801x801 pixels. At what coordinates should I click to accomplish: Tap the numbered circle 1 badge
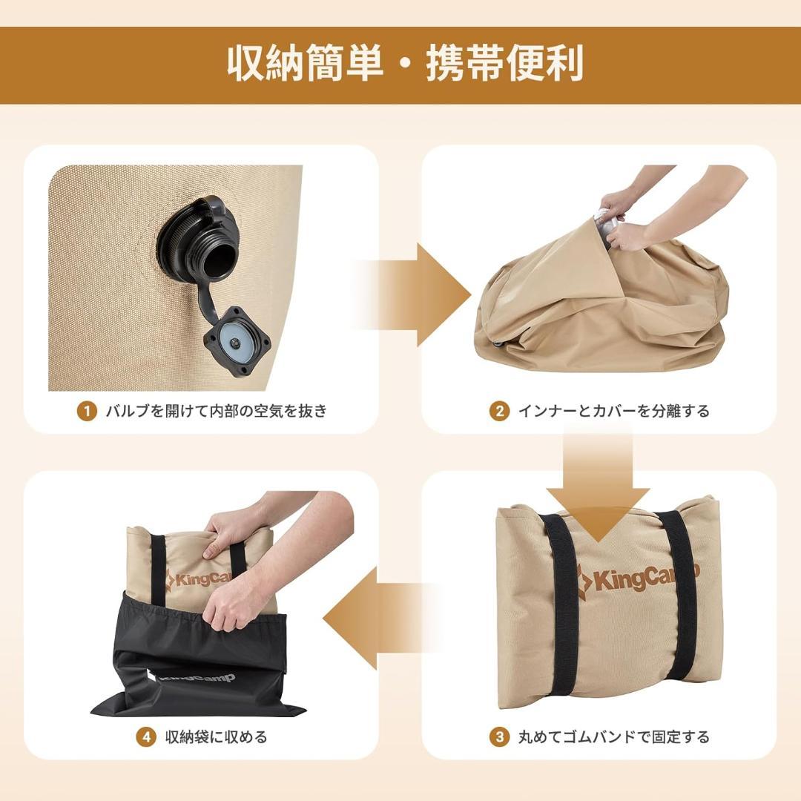point(87,411)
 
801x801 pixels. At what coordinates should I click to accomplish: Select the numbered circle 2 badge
point(499,411)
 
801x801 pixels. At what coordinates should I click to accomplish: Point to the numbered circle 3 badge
point(499,736)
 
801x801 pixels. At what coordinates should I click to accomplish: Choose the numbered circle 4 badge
point(146,736)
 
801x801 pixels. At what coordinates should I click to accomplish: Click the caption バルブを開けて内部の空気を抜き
point(216,411)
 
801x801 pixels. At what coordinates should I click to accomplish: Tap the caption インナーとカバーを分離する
point(613,411)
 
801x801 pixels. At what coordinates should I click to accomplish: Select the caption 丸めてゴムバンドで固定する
point(613,736)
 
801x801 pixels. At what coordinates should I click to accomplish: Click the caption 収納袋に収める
point(216,736)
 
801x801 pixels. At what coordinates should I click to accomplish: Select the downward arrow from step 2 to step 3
point(599,482)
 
